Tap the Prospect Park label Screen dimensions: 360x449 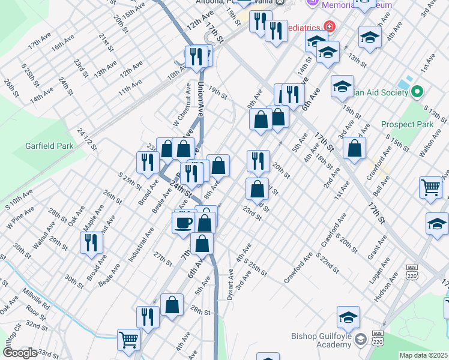click(406, 124)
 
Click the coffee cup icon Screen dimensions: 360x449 click(184, 223)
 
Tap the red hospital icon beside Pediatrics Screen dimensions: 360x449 click(329, 26)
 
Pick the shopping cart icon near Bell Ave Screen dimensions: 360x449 click(432, 187)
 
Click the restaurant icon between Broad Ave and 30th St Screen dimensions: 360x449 click(92, 242)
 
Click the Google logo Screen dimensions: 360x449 click(19, 353)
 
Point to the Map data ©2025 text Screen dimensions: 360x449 click(423, 355)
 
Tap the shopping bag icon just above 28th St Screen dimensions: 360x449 click(172, 305)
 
